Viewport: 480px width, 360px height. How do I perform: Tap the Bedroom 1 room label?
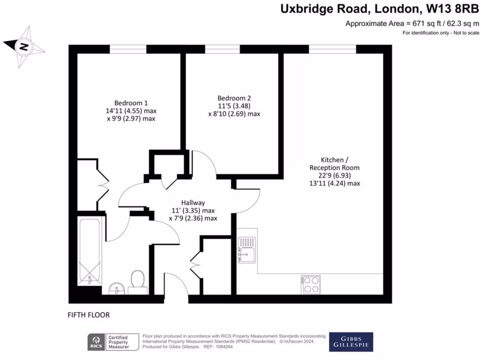(x=131, y=103)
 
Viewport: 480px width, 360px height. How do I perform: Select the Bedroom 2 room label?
(x=234, y=98)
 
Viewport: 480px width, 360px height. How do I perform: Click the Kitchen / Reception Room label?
(x=334, y=164)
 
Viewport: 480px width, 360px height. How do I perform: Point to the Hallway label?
(x=193, y=202)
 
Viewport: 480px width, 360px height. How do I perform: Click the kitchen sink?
(x=247, y=249)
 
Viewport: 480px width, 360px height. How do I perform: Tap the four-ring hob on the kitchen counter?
(x=310, y=284)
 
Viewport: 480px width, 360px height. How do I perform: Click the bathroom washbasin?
(x=115, y=287)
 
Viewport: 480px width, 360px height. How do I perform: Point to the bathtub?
(x=89, y=251)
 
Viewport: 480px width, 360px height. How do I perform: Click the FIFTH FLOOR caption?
(x=89, y=315)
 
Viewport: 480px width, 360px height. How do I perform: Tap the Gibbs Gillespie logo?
(x=351, y=342)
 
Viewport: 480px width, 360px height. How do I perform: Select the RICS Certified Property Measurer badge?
(x=114, y=342)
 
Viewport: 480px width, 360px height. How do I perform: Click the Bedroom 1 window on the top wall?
(x=128, y=49)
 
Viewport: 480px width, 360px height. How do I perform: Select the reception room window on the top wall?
(x=332, y=49)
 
